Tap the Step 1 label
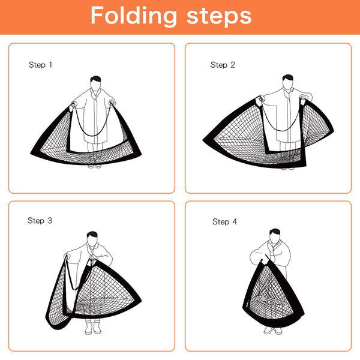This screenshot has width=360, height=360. [x=40, y=64]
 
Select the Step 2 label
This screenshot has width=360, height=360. [x=223, y=65]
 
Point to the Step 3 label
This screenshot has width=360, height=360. [x=40, y=221]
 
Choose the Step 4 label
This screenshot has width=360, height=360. [x=224, y=222]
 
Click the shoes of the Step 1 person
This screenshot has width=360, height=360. [x=95, y=166]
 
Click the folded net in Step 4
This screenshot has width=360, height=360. [x=273, y=294]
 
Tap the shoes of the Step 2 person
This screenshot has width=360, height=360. [x=287, y=166]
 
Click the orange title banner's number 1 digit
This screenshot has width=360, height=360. [x=50, y=64]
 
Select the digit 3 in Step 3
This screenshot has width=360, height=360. [x=50, y=221]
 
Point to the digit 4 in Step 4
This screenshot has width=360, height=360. [x=235, y=222]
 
